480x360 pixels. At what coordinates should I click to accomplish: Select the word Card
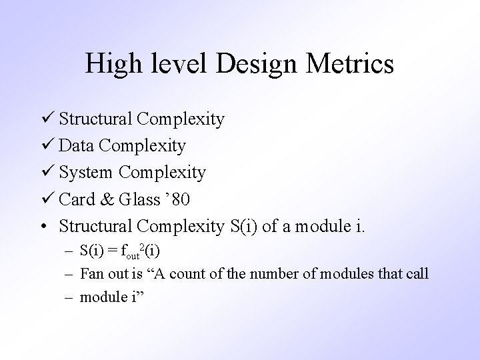tap(77, 199)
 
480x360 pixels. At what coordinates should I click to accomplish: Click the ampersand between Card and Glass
tap(111, 199)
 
